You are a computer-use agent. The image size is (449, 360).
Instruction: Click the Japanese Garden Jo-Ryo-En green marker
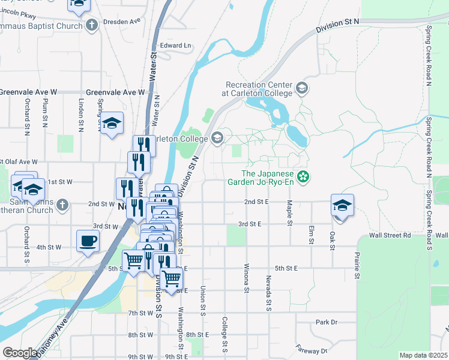[304, 176]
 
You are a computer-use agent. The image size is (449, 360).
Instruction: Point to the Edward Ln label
[175, 46]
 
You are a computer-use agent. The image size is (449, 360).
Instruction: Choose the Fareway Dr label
[315, 350]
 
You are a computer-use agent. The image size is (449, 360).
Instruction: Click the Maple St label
[289, 214]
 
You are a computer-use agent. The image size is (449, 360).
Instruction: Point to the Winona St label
[246, 278]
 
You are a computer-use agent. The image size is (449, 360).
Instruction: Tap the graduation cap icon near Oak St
[342, 206]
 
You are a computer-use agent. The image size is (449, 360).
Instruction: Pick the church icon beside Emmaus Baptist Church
[91, 26]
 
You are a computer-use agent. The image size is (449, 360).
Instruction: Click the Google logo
[20, 353]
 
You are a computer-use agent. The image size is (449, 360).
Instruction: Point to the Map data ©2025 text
[423, 355]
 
